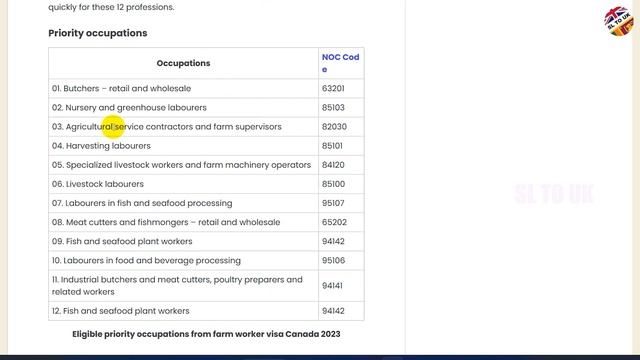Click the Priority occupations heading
click(98, 33)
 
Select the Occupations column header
click(183, 63)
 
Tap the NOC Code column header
click(340, 63)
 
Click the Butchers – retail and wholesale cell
click(121, 88)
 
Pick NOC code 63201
click(333, 88)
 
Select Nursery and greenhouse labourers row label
click(129, 107)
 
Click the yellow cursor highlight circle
click(112, 126)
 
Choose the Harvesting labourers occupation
click(101, 146)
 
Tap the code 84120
click(333, 165)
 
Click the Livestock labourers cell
click(98, 184)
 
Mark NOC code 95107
click(333, 203)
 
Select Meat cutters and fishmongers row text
click(166, 222)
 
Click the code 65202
click(333, 222)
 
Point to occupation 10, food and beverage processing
click(146, 260)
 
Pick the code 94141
click(333, 286)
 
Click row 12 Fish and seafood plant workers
click(120, 311)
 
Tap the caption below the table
click(206, 334)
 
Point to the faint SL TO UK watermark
click(554, 194)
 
